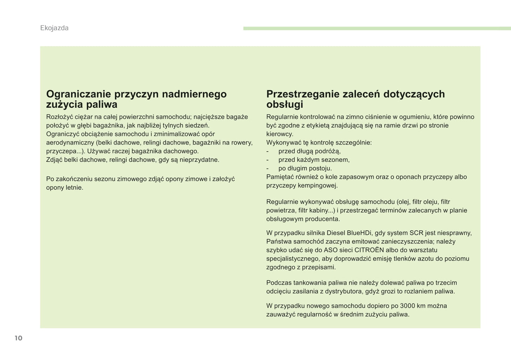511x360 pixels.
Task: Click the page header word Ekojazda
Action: point(54,28)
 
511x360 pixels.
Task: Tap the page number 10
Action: point(18,338)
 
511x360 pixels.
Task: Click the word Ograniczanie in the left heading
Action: point(79,94)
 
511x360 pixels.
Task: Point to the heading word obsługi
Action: point(285,105)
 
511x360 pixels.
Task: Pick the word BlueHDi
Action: point(357,233)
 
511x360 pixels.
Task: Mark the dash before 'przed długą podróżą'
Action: point(268,151)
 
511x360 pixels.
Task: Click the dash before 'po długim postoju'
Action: point(268,169)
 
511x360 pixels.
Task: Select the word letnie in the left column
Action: point(75,188)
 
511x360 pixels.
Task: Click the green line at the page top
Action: point(377,28)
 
